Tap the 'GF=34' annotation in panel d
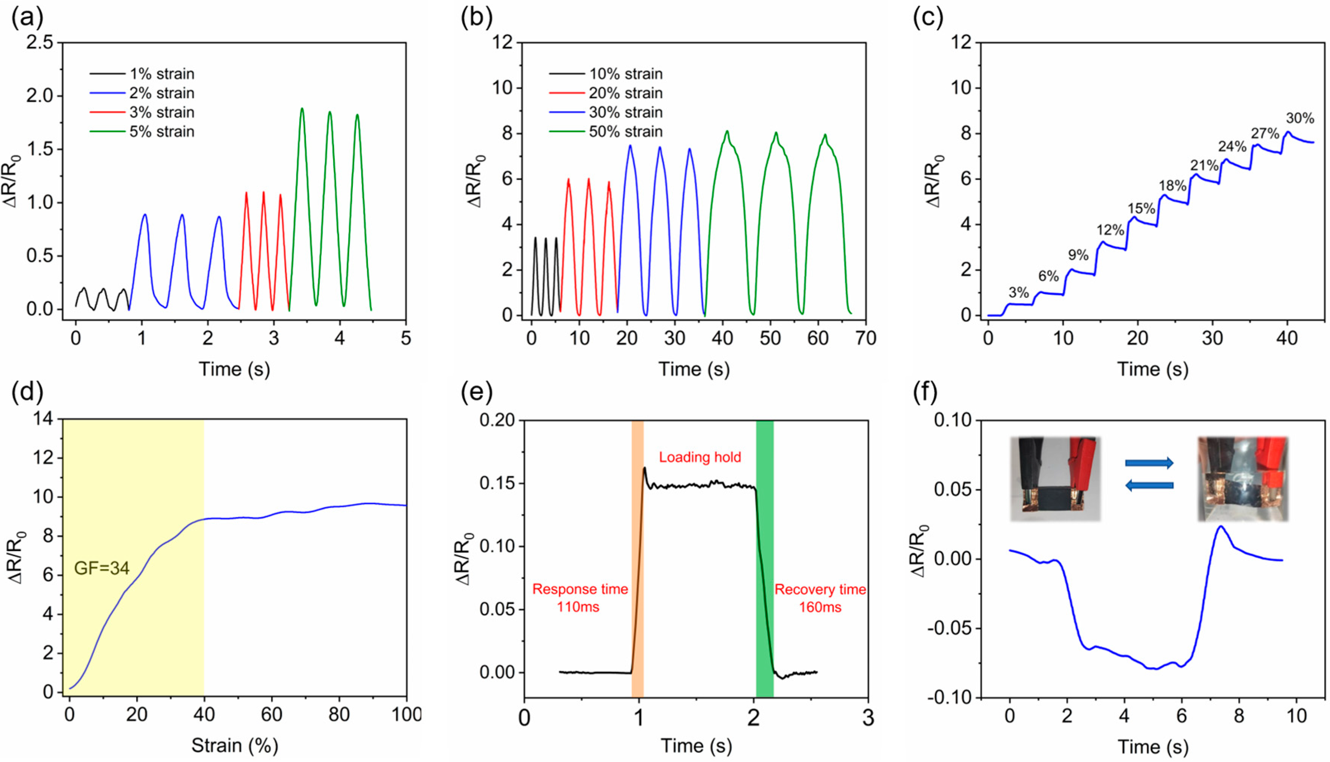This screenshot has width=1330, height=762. pos(102,568)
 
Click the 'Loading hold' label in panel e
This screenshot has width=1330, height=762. pos(699,457)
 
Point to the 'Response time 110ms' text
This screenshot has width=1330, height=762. pos(580,598)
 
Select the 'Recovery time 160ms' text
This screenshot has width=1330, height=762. pos(820,598)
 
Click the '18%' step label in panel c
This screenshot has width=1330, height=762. pos(1173,186)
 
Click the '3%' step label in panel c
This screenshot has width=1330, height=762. pos(1019,292)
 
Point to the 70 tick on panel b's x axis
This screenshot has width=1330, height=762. pos(865,338)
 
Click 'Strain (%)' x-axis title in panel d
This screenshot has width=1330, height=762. pos(234,745)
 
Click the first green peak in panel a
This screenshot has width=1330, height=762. pos(302,109)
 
